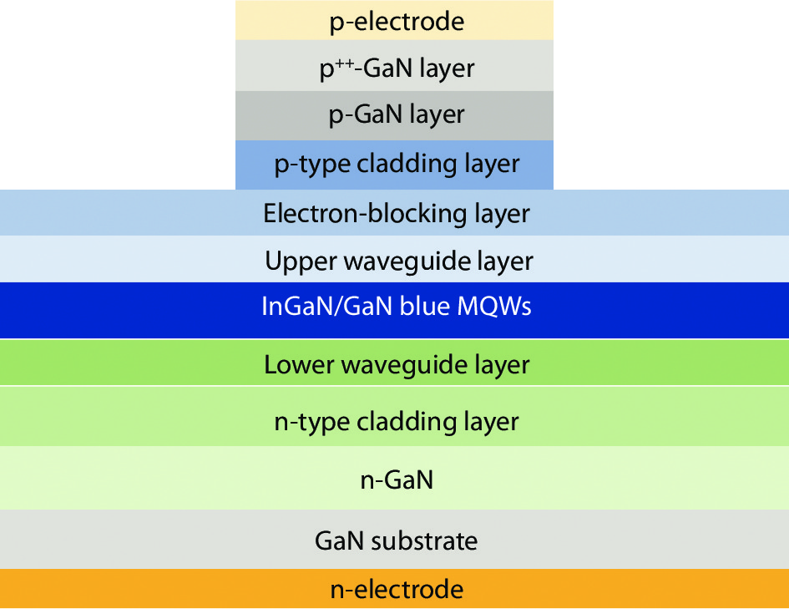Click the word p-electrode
tap(396, 22)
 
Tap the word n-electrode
tap(396, 590)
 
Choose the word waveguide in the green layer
tap(401, 365)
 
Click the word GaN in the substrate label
tap(338, 541)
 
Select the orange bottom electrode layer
tap(125, 590)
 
